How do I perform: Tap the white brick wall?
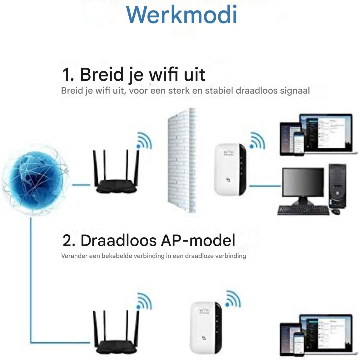[181, 160]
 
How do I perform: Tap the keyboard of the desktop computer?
[303, 210]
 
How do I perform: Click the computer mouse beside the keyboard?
[335, 211]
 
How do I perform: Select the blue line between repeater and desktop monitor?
[265, 186]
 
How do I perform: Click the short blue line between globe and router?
[81, 185]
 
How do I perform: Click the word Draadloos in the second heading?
[118, 241]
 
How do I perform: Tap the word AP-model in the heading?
[198, 241]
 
